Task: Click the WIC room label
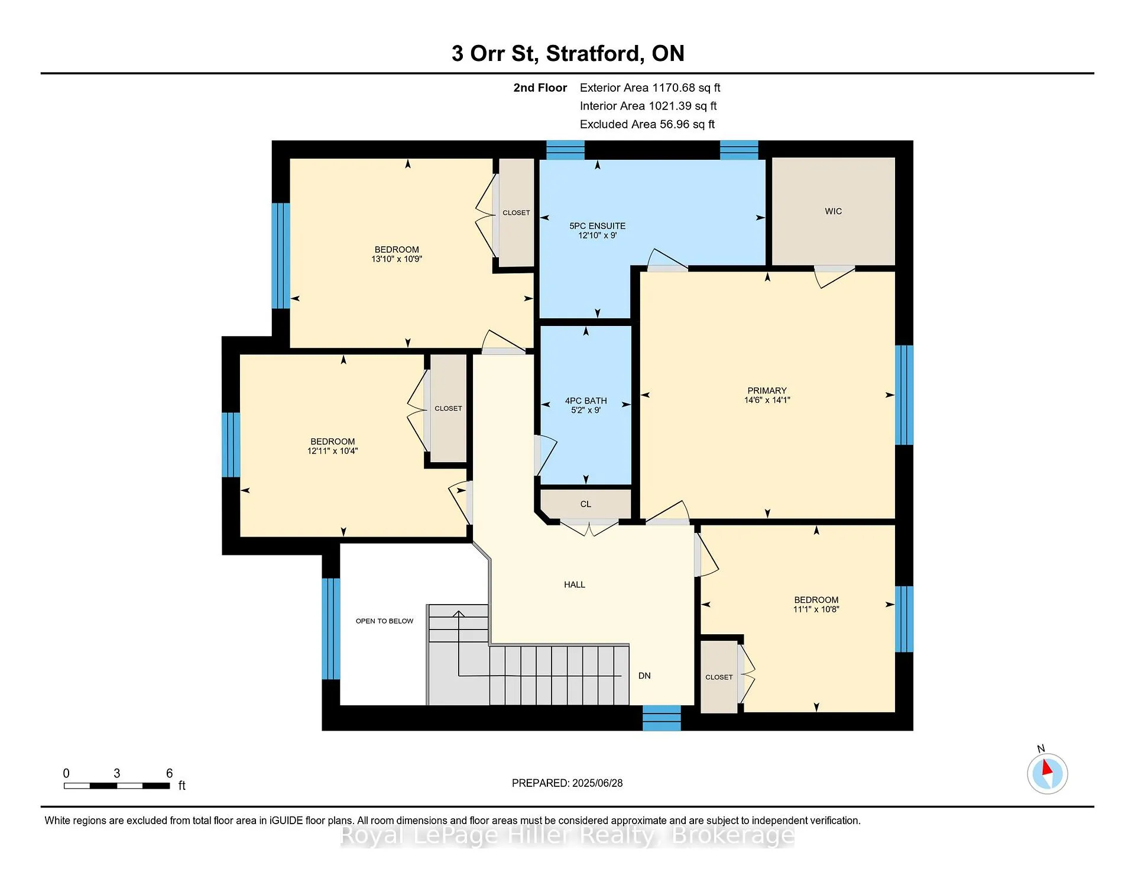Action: (x=833, y=211)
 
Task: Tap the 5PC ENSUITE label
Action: (x=597, y=226)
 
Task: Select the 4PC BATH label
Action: (x=586, y=401)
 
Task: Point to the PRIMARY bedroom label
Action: (x=767, y=390)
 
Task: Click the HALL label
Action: (x=575, y=585)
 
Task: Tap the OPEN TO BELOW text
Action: (x=384, y=621)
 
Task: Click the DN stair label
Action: (x=644, y=676)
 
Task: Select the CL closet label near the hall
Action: (x=585, y=504)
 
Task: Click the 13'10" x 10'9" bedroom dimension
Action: (x=397, y=259)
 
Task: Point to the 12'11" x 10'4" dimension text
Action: (x=333, y=451)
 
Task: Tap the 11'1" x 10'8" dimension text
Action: (x=816, y=609)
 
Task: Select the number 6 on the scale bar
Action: (x=169, y=773)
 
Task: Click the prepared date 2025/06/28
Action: (x=597, y=783)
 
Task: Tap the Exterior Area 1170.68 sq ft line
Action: (x=650, y=88)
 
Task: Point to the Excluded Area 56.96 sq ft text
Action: (x=647, y=124)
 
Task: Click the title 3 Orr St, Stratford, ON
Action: (x=567, y=53)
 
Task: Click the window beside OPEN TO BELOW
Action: (x=331, y=628)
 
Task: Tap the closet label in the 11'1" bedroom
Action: (x=719, y=677)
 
